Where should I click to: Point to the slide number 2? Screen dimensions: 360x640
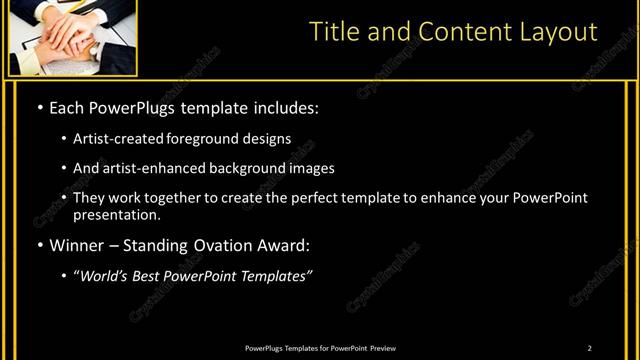coord(590,348)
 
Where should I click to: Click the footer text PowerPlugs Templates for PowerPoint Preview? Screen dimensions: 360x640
coord(320,348)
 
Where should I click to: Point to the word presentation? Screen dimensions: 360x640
coord(115,214)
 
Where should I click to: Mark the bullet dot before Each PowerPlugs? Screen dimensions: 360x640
coord(39,107)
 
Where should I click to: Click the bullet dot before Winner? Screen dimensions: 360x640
coord(39,245)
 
